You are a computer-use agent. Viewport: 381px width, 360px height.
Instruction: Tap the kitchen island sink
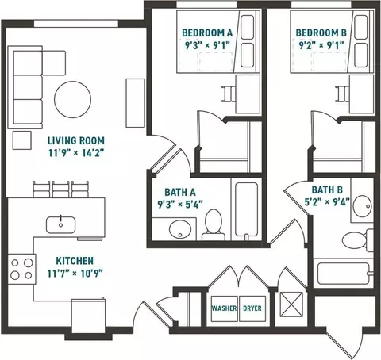tap(60, 224)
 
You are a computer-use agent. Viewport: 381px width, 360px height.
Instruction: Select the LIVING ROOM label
tap(76, 140)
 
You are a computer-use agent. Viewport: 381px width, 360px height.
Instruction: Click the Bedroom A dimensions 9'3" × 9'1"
tap(207, 45)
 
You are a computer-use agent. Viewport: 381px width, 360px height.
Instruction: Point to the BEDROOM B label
tap(321, 33)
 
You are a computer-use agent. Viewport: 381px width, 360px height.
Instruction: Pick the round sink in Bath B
tap(363, 205)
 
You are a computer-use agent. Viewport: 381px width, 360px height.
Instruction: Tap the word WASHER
tap(224, 308)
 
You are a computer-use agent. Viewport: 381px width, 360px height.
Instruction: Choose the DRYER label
tap(252, 308)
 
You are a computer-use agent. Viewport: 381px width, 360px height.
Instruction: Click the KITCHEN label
tap(75, 261)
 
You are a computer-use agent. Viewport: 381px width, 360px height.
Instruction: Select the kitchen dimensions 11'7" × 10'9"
tap(75, 273)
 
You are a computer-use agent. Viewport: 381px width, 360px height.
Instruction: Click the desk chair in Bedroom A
tap(229, 94)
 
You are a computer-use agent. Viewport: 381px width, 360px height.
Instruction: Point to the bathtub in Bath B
tap(344, 273)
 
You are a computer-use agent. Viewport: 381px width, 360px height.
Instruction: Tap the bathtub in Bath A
tap(246, 209)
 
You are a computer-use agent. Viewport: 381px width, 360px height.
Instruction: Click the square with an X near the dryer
tap(291, 304)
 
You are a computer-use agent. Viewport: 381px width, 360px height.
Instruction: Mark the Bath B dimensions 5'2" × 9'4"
tap(327, 202)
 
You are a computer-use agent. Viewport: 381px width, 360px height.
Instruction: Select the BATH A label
tap(180, 192)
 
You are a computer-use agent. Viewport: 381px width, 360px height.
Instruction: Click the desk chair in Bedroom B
tap(343, 94)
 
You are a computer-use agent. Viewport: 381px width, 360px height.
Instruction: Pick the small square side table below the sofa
tap(22, 140)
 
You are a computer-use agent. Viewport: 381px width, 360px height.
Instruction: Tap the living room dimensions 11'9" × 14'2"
tap(76, 153)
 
